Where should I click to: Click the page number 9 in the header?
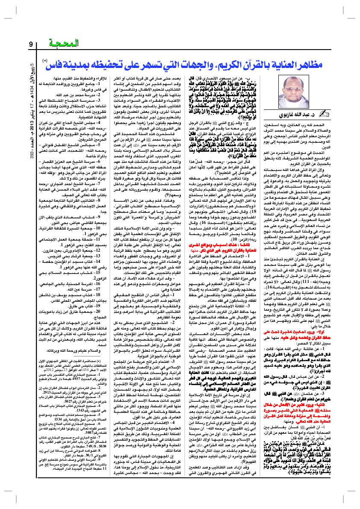pyautogui.click(x=31, y=44)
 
